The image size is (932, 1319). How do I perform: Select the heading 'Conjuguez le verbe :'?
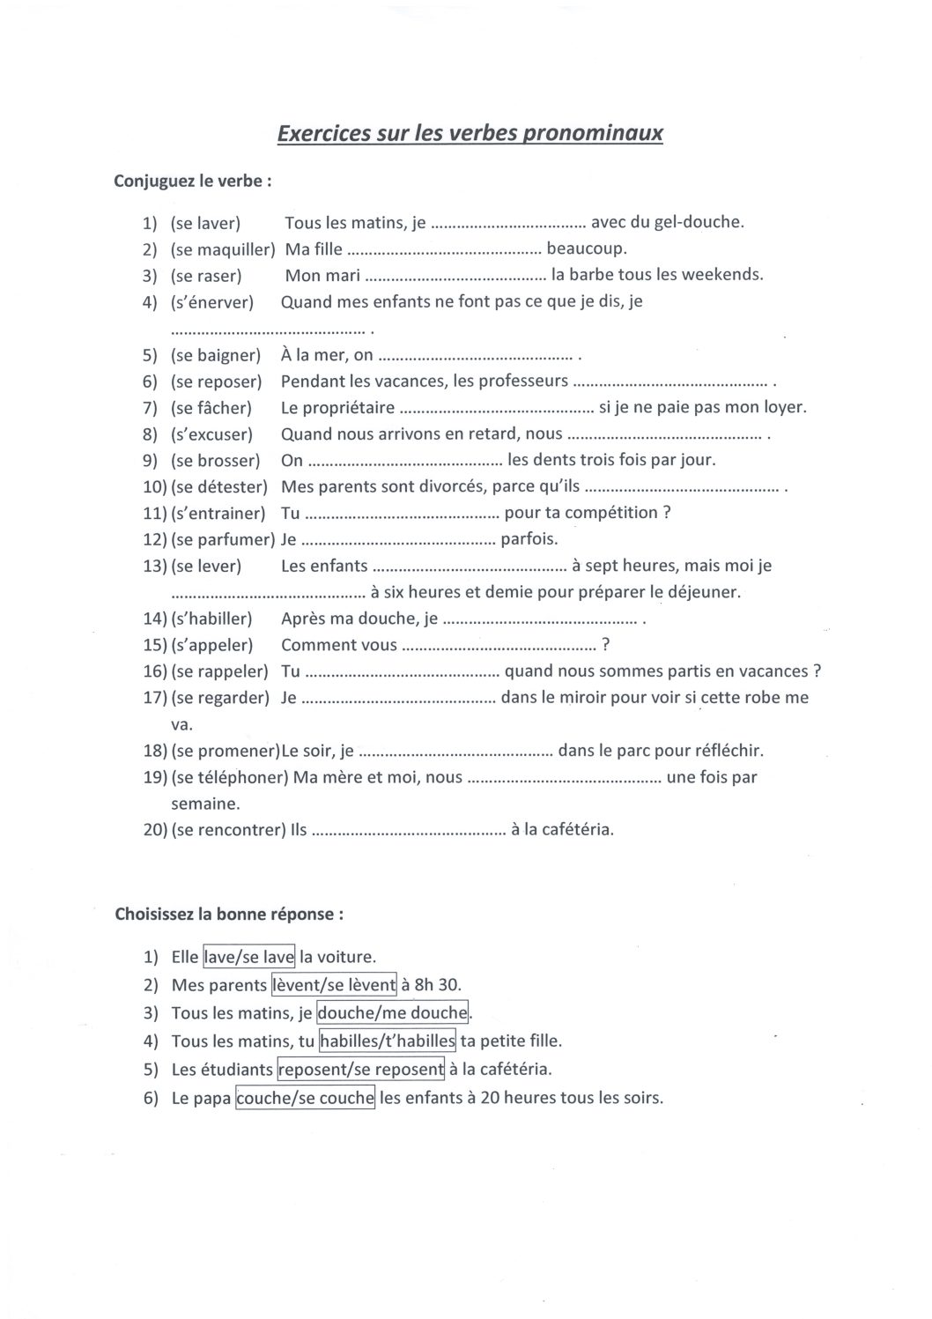tap(193, 182)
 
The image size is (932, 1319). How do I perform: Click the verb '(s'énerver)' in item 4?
tap(211, 302)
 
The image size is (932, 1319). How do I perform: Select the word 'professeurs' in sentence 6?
tap(522, 382)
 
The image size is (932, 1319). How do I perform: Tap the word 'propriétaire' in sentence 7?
tap(337, 408)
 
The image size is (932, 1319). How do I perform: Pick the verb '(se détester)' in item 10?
tap(218, 487)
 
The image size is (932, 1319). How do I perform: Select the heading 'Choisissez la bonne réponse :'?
tap(229, 914)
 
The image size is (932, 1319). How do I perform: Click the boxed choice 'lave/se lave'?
tap(249, 957)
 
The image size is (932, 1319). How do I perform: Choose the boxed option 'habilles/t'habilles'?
tap(388, 1041)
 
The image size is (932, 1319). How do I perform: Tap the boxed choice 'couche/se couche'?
tap(306, 1099)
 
